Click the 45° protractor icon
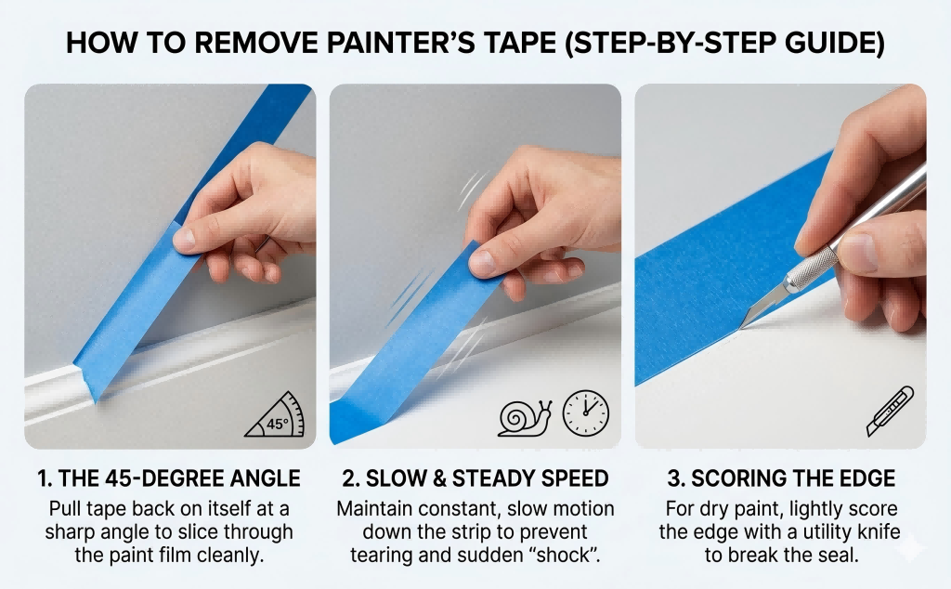[x=277, y=415]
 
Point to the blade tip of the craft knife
[x=742, y=324]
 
